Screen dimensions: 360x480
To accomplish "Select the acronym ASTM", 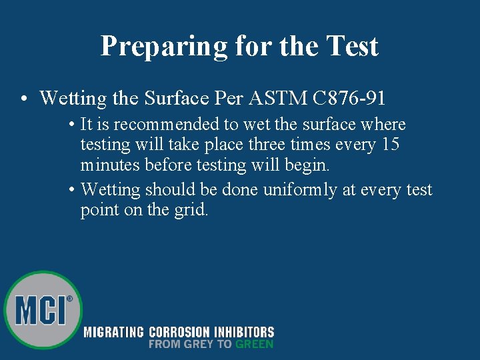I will (274, 99).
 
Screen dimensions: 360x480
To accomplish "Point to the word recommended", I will (165, 125).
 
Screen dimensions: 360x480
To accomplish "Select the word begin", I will (307, 165).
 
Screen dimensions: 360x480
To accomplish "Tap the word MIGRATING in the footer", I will (113, 332).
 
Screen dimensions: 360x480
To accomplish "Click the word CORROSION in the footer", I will (179, 332).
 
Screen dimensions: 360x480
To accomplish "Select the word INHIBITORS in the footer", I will (243, 332).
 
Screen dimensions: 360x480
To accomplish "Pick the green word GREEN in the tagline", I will (254, 344).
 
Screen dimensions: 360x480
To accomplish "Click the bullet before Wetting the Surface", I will (23, 99).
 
